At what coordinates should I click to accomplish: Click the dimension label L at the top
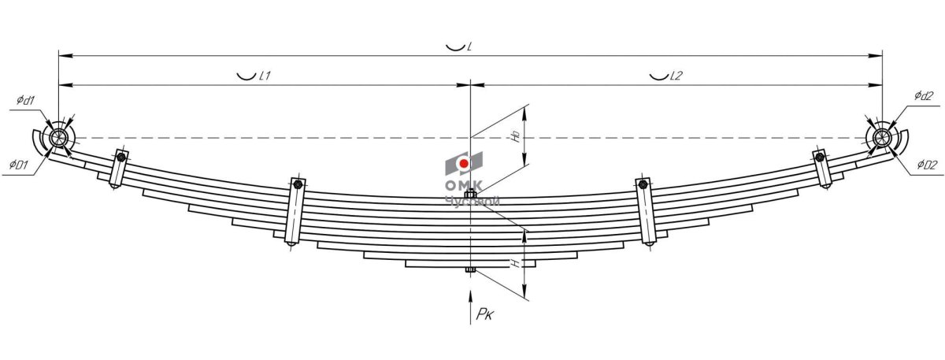point(469,46)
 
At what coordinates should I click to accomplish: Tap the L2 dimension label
point(676,76)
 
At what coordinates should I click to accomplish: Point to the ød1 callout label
point(24,101)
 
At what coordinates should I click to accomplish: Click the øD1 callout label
point(18,165)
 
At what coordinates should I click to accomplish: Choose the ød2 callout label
point(923,96)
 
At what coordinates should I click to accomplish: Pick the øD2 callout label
point(927,165)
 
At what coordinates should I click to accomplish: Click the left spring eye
point(58,139)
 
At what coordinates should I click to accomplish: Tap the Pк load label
point(485,315)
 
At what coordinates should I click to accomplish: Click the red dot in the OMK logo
point(465,164)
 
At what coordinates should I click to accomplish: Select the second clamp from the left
point(296,211)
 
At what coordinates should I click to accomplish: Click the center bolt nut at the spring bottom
point(470,272)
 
